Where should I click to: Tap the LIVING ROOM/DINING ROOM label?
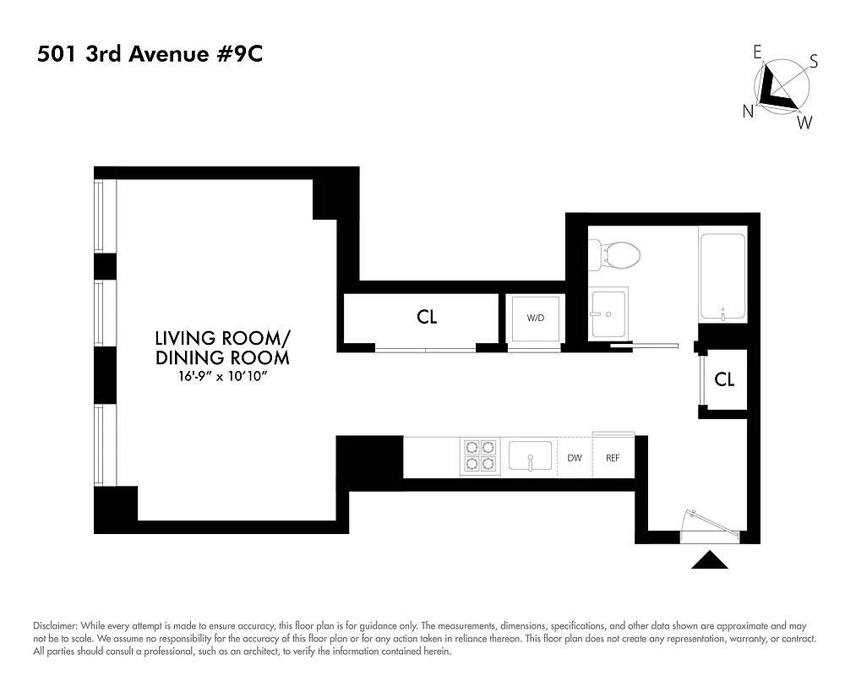tap(222, 347)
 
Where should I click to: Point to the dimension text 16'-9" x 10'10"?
tap(222, 376)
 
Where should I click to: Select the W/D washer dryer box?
tap(535, 319)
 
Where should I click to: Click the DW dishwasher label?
tap(575, 458)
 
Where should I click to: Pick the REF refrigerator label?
tap(613, 458)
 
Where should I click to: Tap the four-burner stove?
tap(479, 457)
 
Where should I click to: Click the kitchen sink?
tap(529, 457)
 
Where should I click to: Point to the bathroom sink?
tap(608, 313)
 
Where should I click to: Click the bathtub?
tap(722, 275)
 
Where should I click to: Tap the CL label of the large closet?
tap(428, 317)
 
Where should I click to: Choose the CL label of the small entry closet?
tap(724, 379)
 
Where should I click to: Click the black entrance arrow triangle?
tap(710, 560)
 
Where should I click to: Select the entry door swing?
tap(711, 525)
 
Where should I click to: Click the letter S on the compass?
tap(814, 61)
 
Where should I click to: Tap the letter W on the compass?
tap(804, 123)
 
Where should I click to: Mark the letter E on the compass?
tap(758, 52)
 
